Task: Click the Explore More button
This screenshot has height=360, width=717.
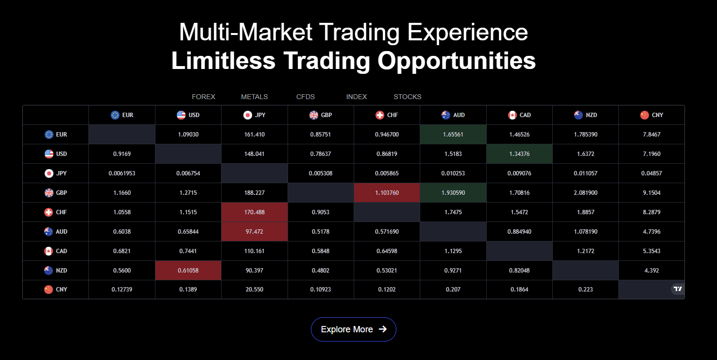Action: pos(353,329)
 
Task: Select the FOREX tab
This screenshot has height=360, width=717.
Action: pos(204,97)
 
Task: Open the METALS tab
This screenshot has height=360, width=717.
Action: pos(255,97)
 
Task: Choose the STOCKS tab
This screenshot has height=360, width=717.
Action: pos(408,97)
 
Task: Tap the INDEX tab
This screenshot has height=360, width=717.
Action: pos(357,97)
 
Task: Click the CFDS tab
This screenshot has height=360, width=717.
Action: pos(306,97)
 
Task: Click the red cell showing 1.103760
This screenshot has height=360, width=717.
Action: pos(387,193)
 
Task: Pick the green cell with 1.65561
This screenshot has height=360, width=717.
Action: pos(453,135)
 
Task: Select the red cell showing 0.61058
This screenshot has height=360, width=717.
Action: pos(188,271)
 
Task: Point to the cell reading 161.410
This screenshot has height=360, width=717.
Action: pos(255,135)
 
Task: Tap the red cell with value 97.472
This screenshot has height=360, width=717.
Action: pos(255,231)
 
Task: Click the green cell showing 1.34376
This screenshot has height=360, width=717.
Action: pos(519,154)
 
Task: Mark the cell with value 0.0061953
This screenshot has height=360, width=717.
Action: pos(122,173)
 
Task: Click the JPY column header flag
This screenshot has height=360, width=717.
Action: pos(247,115)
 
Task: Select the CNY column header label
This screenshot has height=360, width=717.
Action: pos(657,115)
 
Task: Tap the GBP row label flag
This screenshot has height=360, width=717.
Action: pos(49,193)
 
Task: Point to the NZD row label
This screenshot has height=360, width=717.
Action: pos(62,271)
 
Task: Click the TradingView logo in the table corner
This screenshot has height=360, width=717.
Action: pos(678,289)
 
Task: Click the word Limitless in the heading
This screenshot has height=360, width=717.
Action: pos(223,61)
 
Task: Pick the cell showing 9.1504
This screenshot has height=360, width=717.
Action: pos(651,193)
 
